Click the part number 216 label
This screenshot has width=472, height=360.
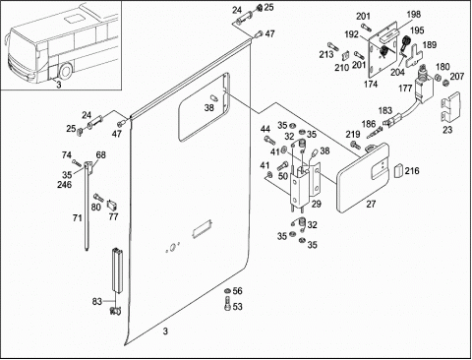click(412, 171)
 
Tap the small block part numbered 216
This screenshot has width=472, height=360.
click(398, 170)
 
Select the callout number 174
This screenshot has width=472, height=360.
click(371, 85)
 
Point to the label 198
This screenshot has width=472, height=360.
click(414, 15)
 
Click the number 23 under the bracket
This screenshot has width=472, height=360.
click(447, 130)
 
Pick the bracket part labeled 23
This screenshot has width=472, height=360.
click(450, 107)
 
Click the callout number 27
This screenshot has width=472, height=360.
click(371, 204)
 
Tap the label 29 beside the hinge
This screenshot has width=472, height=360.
click(317, 204)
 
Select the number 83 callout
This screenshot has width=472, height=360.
click(96, 302)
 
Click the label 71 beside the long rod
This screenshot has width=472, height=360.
click(78, 217)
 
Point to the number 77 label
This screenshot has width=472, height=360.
click(113, 217)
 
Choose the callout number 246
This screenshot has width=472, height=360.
click(65, 185)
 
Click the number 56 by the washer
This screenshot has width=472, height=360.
click(238, 291)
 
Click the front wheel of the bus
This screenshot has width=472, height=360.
click(66, 72)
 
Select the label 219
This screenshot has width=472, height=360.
click(353, 134)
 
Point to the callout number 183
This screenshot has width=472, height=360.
click(385, 110)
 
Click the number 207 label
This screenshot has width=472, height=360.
click(457, 77)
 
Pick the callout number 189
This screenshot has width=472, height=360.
click(430, 45)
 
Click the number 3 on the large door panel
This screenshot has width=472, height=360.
click(165, 331)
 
